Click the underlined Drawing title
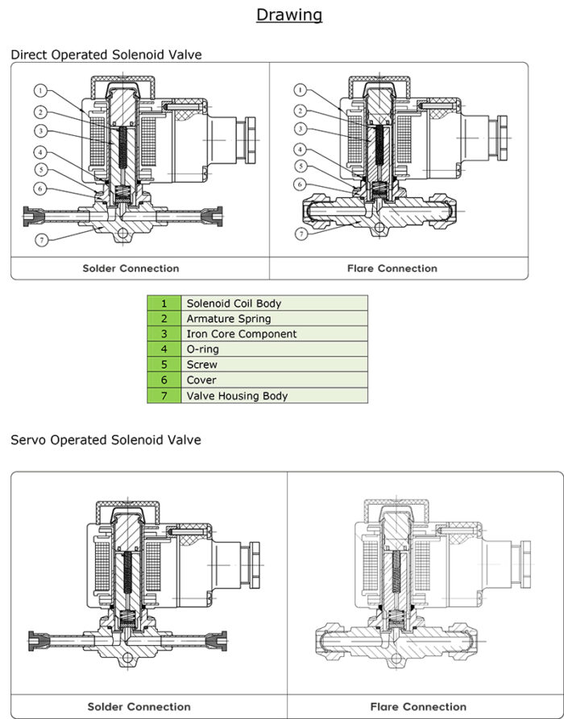289,14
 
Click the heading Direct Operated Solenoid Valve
106,55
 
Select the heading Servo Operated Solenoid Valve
106,440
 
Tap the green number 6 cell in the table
164,380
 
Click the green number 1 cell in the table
164,304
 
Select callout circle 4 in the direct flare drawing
300,149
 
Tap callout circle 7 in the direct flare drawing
300,234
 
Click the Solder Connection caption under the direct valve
131,268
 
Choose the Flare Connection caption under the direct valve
392,268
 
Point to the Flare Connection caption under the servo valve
418,706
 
